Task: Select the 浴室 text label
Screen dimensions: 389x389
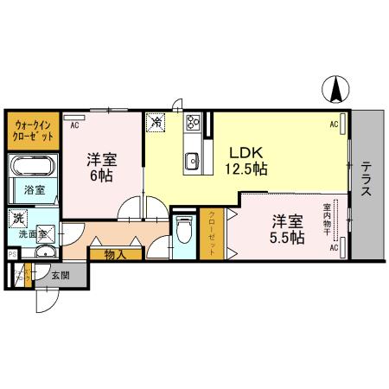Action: tap(34, 189)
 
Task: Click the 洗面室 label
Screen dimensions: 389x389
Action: tap(31, 233)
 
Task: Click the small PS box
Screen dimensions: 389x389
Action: tap(10, 255)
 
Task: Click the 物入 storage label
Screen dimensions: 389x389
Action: tap(115, 254)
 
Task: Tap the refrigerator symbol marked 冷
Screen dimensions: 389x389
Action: tap(156, 123)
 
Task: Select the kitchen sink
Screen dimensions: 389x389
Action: tap(192, 160)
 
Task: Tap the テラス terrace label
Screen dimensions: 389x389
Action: tap(367, 179)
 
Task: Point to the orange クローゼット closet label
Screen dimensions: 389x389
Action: tap(213, 233)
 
